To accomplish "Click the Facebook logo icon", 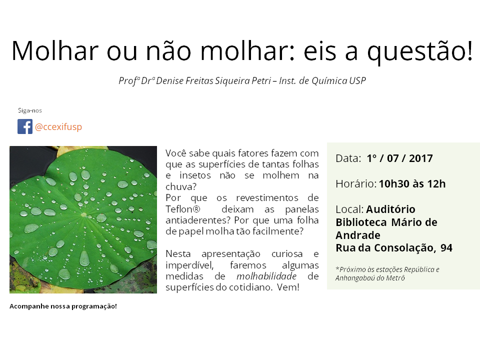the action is coord(25,126).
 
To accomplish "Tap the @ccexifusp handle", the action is coord(58,126).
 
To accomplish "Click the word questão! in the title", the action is coord(420,51).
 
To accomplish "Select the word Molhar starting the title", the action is coord(55,50).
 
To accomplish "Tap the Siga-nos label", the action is coord(30,110).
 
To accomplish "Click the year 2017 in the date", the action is coord(421,158).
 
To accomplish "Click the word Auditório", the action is coord(390,209).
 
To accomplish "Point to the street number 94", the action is coord(446,247).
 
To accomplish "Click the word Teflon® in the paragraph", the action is coord(183,209).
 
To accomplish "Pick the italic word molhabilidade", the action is coord(266,276).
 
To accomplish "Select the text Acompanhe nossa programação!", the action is coord(63,306).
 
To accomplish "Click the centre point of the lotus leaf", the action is coord(83,214).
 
